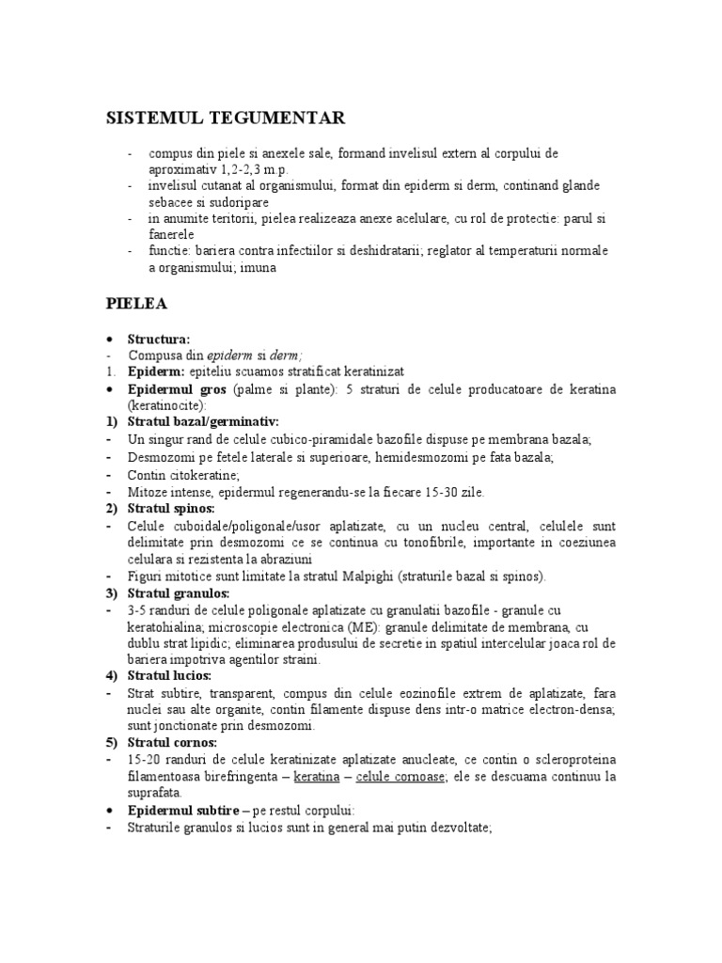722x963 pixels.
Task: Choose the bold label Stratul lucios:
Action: [x=170, y=675]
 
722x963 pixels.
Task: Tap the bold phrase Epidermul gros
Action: [x=178, y=389]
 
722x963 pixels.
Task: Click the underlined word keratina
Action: [x=315, y=778]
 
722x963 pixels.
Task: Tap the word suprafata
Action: [x=156, y=793]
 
